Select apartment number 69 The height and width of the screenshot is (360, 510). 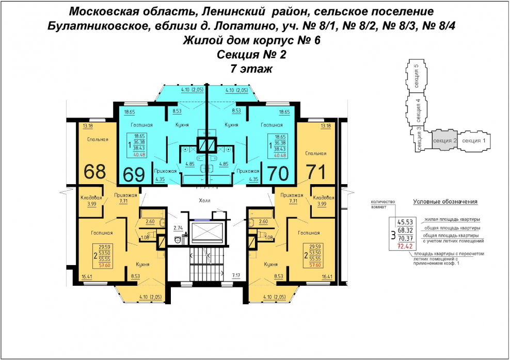134,174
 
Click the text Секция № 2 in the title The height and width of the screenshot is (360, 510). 252,54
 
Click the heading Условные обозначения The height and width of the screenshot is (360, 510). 445,202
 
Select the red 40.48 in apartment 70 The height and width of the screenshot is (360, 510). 280,155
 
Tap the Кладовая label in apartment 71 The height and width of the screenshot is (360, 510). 323,198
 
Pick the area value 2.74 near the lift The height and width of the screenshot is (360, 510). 178,227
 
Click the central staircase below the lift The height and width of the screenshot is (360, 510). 206,263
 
